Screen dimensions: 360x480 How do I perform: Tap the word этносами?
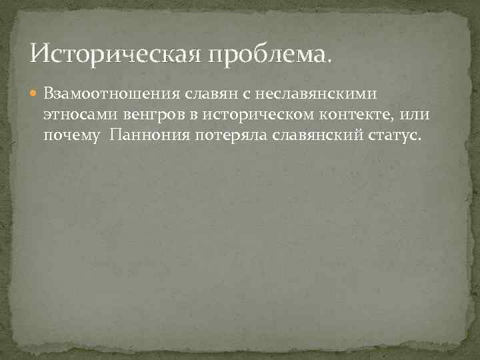pos(77,115)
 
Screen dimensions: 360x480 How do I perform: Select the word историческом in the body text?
pos(244,115)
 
